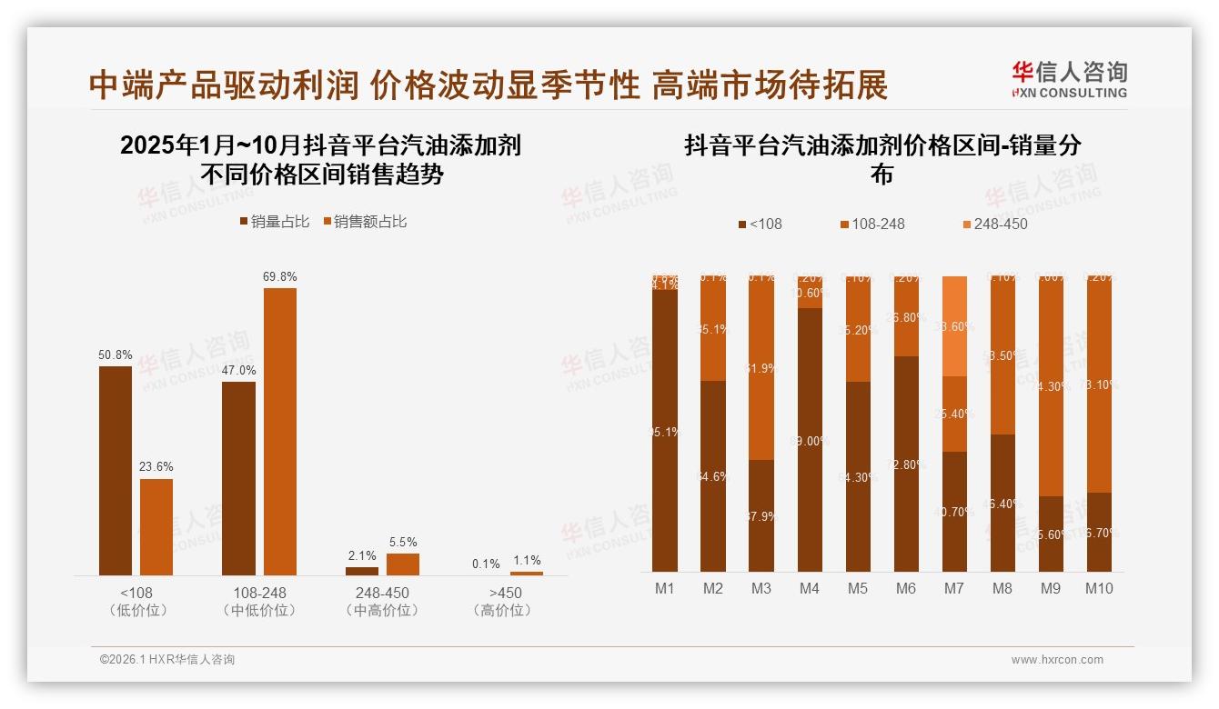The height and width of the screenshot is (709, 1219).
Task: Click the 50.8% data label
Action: click(x=115, y=354)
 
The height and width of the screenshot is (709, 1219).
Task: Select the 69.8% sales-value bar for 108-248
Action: click(x=280, y=431)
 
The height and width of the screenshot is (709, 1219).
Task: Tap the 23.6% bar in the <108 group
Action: click(x=156, y=527)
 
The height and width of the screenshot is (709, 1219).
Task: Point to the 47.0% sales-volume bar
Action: click(x=238, y=478)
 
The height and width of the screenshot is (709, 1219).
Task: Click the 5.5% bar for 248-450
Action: click(x=403, y=564)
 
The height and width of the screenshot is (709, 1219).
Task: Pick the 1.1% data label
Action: click(x=526, y=561)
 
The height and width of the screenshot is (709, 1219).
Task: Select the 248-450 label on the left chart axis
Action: click(x=383, y=593)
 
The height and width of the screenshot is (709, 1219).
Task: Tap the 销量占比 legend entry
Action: click(x=274, y=221)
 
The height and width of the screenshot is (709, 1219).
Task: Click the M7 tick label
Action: click(x=953, y=588)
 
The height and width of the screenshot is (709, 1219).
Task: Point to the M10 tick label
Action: click(x=1098, y=588)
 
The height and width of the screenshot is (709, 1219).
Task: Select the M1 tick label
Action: click(x=665, y=588)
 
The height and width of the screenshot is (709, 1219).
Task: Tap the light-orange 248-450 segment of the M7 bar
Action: click(x=954, y=325)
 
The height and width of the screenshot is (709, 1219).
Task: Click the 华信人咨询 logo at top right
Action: click(x=1069, y=79)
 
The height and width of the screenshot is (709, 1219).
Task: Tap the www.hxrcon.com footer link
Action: click(x=1057, y=660)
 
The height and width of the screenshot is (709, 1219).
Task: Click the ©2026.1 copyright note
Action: click(x=167, y=660)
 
